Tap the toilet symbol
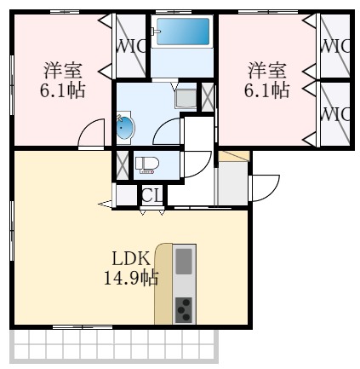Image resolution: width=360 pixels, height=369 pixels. (x=147, y=164)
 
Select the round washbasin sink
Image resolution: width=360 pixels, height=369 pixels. (x=125, y=128)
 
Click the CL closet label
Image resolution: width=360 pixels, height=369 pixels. (x=151, y=196)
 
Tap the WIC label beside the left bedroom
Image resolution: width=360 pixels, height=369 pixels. (x=131, y=45)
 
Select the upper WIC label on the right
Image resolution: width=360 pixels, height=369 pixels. (x=335, y=45)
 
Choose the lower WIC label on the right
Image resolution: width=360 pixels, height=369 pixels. (x=335, y=112)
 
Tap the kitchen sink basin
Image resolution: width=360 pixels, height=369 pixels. (x=184, y=260)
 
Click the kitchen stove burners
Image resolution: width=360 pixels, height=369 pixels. (x=184, y=309)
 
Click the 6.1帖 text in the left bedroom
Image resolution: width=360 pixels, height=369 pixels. (x=64, y=89)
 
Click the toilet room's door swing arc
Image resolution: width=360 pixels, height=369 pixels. (x=197, y=162)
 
